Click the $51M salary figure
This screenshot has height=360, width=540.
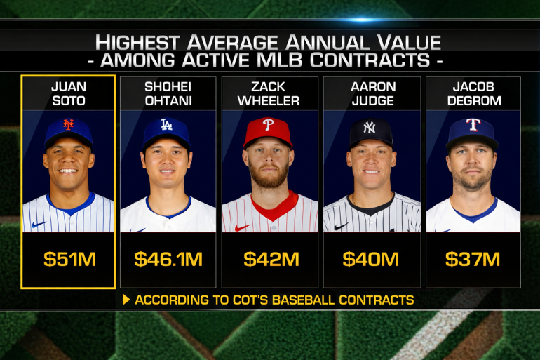pyautogui.click(x=69, y=259)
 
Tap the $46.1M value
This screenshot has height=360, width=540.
pyautogui.click(x=168, y=259)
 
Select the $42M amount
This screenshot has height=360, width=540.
pyautogui.click(x=269, y=259)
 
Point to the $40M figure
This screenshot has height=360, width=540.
pyautogui.click(x=371, y=259)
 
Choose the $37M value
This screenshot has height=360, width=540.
pyautogui.click(x=473, y=259)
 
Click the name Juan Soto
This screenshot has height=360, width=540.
pyautogui.click(x=69, y=93)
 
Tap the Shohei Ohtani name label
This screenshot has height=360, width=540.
pyautogui.click(x=168, y=93)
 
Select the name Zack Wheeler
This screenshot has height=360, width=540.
pyautogui.click(x=269, y=93)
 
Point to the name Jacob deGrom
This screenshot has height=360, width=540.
pyautogui.click(x=473, y=93)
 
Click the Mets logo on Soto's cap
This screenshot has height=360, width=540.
pyautogui.click(x=68, y=125)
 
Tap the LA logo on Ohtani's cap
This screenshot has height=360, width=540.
pyautogui.click(x=167, y=125)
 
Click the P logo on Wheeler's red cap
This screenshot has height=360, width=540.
pyautogui.click(x=269, y=124)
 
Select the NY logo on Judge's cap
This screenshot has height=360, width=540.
pyautogui.click(x=370, y=128)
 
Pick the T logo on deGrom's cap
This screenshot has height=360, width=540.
pyautogui.click(x=473, y=125)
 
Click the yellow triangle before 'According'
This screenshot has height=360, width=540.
pyautogui.click(x=126, y=300)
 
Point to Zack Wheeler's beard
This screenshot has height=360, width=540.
pyautogui.click(x=269, y=178)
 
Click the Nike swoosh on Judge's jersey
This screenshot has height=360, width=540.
pyautogui.click(x=341, y=226)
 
